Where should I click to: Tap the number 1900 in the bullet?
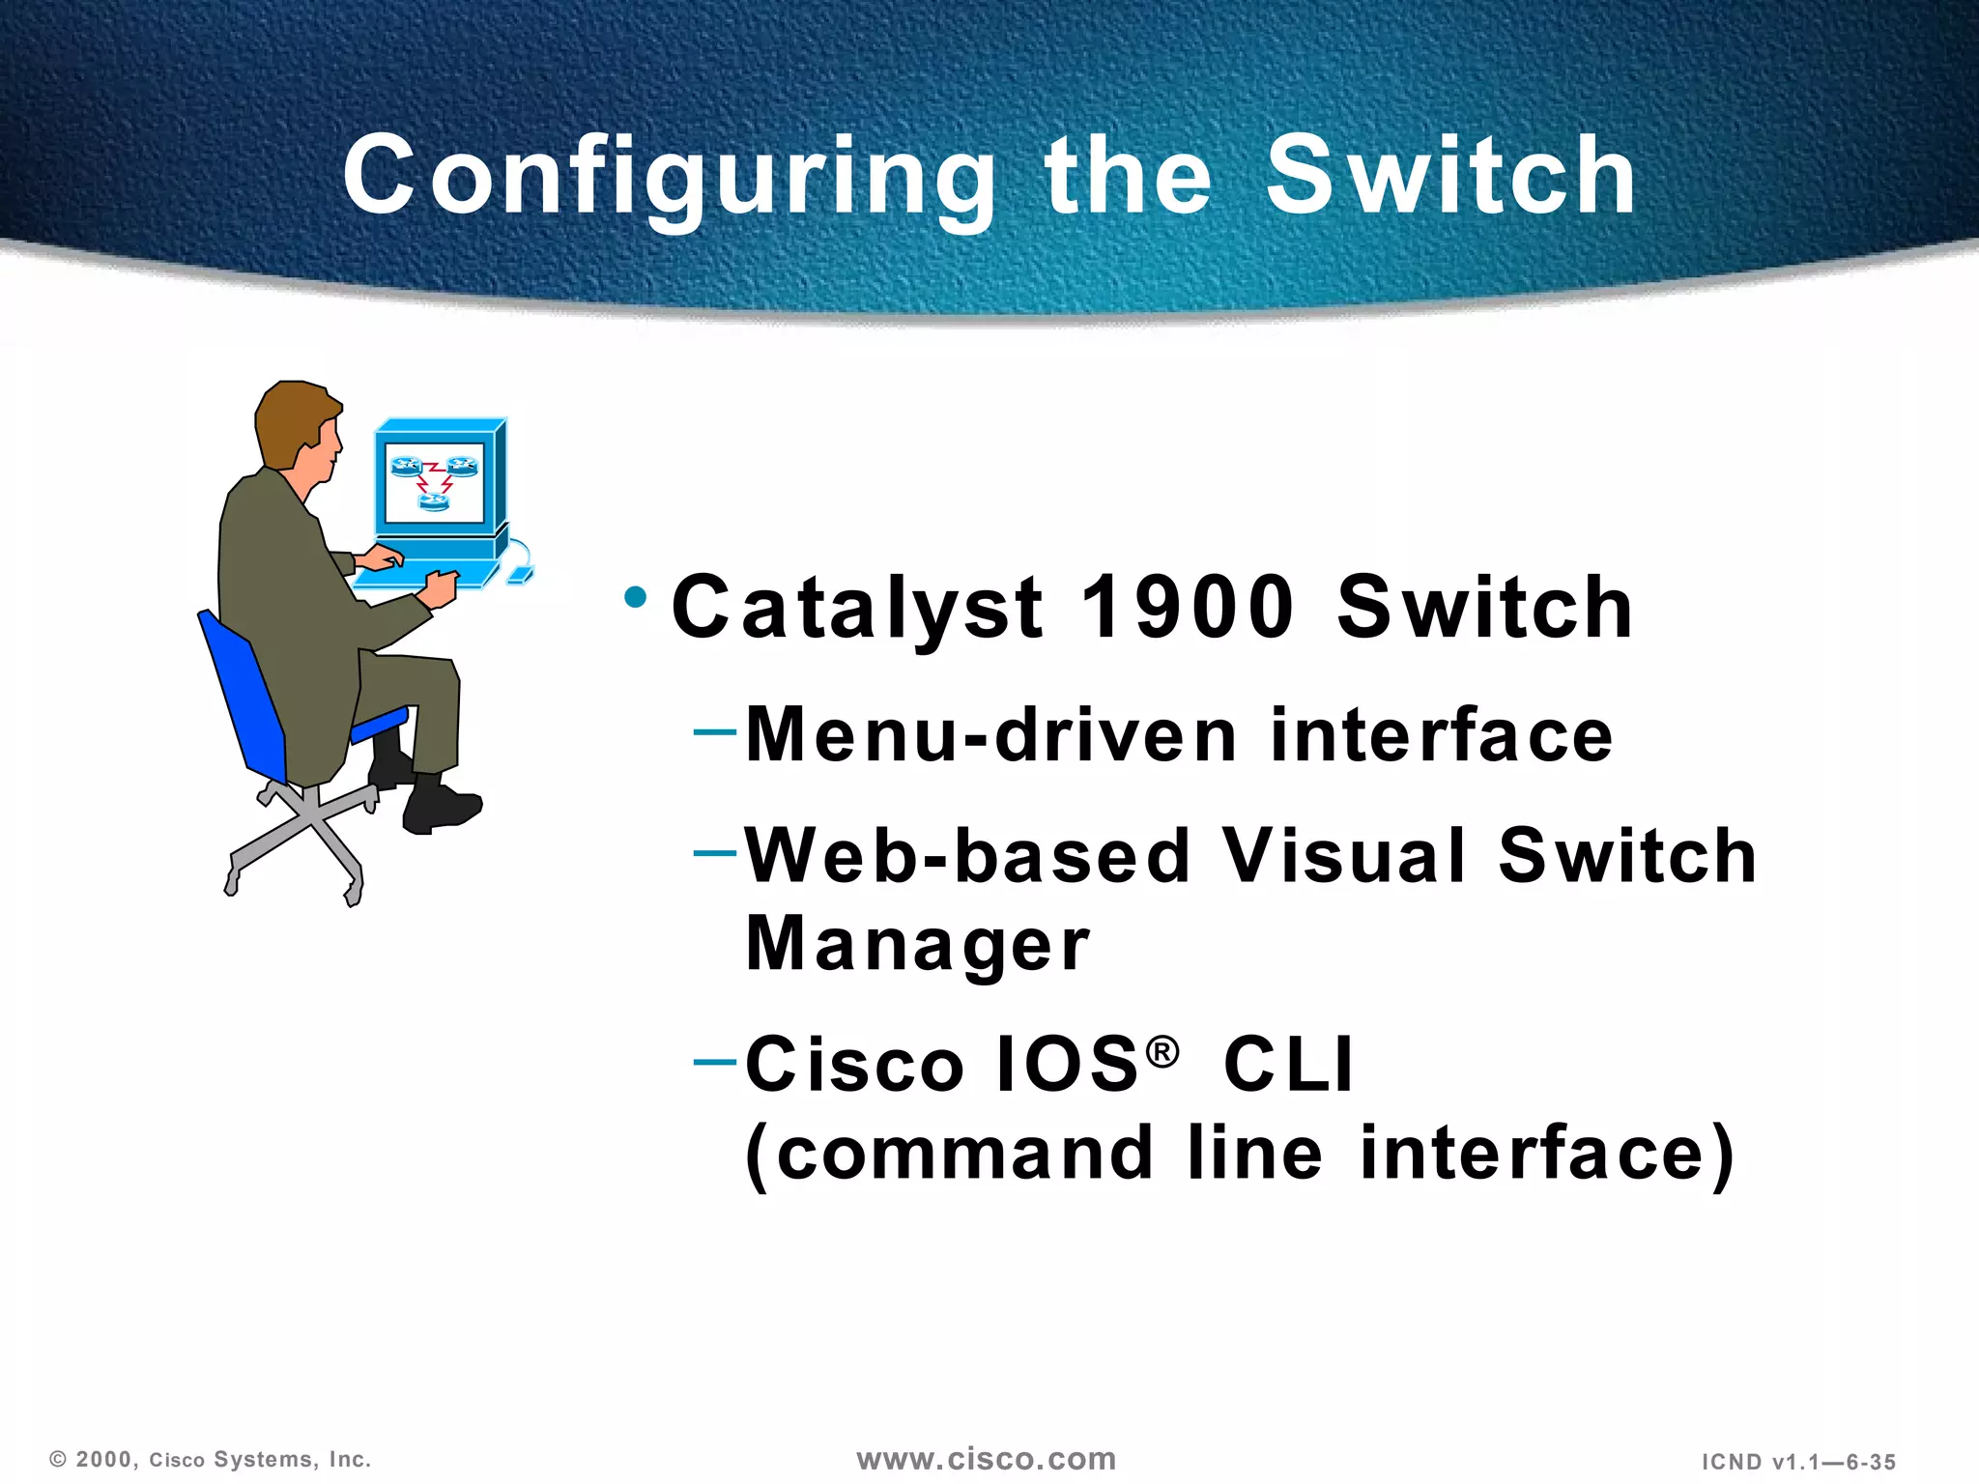[x=1187, y=608]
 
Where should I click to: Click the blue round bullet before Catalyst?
[x=635, y=596]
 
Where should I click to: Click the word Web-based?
[x=966, y=857]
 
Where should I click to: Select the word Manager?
[x=917, y=945]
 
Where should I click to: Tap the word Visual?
[x=1343, y=857]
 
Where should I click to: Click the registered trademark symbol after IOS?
[x=1163, y=1051]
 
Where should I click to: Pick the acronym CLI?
[x=1288, y=1066]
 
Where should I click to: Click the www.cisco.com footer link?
[x=987, y=1459]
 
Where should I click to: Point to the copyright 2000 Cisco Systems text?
[x=211, y=1460]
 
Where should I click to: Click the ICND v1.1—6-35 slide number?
[x=1798, y=1462]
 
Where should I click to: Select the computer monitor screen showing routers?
[x=434, y=482]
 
